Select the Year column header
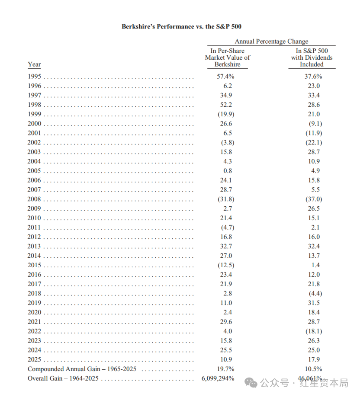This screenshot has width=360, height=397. pos(34,64)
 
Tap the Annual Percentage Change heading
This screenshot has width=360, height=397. pos(271,42)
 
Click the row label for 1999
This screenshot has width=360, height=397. pos(34,114)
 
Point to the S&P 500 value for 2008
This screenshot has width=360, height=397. pos(312,199)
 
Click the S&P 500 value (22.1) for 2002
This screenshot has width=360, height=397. pos(312,142)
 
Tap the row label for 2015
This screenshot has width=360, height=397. pos(34,265)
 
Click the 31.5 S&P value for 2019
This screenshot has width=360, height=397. pos(312,303)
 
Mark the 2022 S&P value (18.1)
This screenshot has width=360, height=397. pos(312,331)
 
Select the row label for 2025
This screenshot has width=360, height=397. pos(34,359)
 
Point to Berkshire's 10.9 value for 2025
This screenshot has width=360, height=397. pos(227,359)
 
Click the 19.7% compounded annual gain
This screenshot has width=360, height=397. pos(226,369)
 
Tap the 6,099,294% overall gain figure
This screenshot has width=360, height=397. pos(218,378)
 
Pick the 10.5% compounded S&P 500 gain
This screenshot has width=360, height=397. pos(313,369)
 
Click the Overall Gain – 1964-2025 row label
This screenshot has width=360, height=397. pos(63,378)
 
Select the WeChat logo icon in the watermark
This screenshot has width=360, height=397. pos(251,382)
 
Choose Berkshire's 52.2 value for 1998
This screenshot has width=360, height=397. pos(227,105)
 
